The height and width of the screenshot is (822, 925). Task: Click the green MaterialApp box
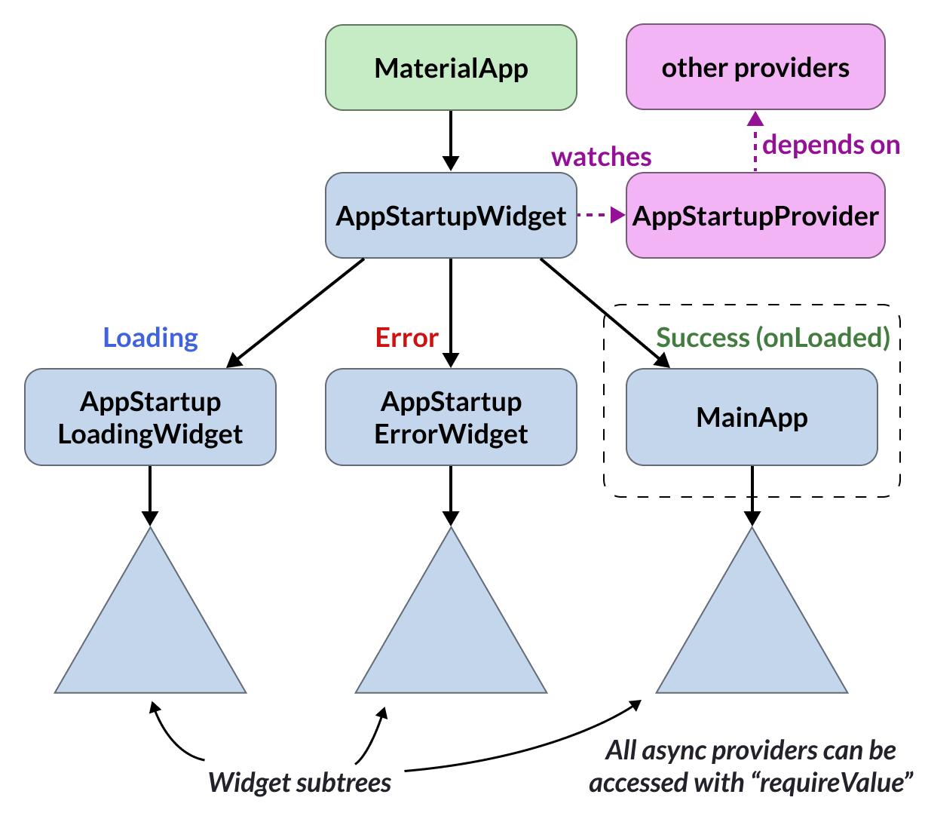pyautogui.click(x=451, y=68)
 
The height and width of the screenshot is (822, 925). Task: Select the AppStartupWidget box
pyautogui.click(x=451, y=215)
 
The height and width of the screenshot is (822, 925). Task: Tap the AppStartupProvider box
pyautogui.click(x=755, y=215)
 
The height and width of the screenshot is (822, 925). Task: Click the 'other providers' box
pyautogui.click(x=755, y=67)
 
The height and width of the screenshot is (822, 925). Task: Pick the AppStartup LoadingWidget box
pyautogui.click(x=150, y=417)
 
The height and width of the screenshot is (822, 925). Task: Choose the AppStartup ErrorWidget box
pyautogui.click(x=451, y=417)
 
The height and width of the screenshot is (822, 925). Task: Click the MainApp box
pyautogui.click(x=752, y=417)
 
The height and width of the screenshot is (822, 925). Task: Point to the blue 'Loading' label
pyautogui.click(x=150, y=339)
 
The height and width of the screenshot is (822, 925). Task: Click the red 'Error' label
pyautogui.click(x=407, y=338)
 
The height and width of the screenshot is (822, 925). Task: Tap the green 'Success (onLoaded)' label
pyautogui.click(x=773, y=338)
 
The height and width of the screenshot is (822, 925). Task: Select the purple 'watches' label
pyautogui.click(x=602, y=157)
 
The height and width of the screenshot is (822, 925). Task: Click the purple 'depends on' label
pyautogui.click(x=831, y=145)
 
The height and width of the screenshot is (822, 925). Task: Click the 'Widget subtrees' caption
pyautogui.click(x=299, y=783)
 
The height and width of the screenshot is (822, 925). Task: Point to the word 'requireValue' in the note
pyautogui.click(x=832, y=783)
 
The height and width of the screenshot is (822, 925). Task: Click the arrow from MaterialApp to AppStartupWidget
pyautogui.click(x=451, y=141)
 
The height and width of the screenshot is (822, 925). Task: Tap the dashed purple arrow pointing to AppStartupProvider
pyautogui.click(x=602, y=215)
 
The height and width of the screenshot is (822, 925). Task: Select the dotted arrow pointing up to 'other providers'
pyautogui.click(x=755, y=141)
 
